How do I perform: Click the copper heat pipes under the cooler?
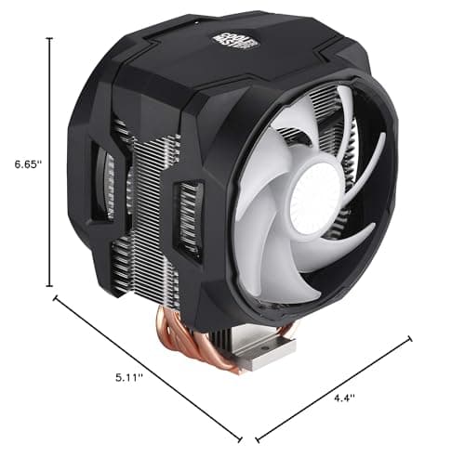[191, 335]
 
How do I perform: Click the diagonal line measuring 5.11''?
[149, 367]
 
